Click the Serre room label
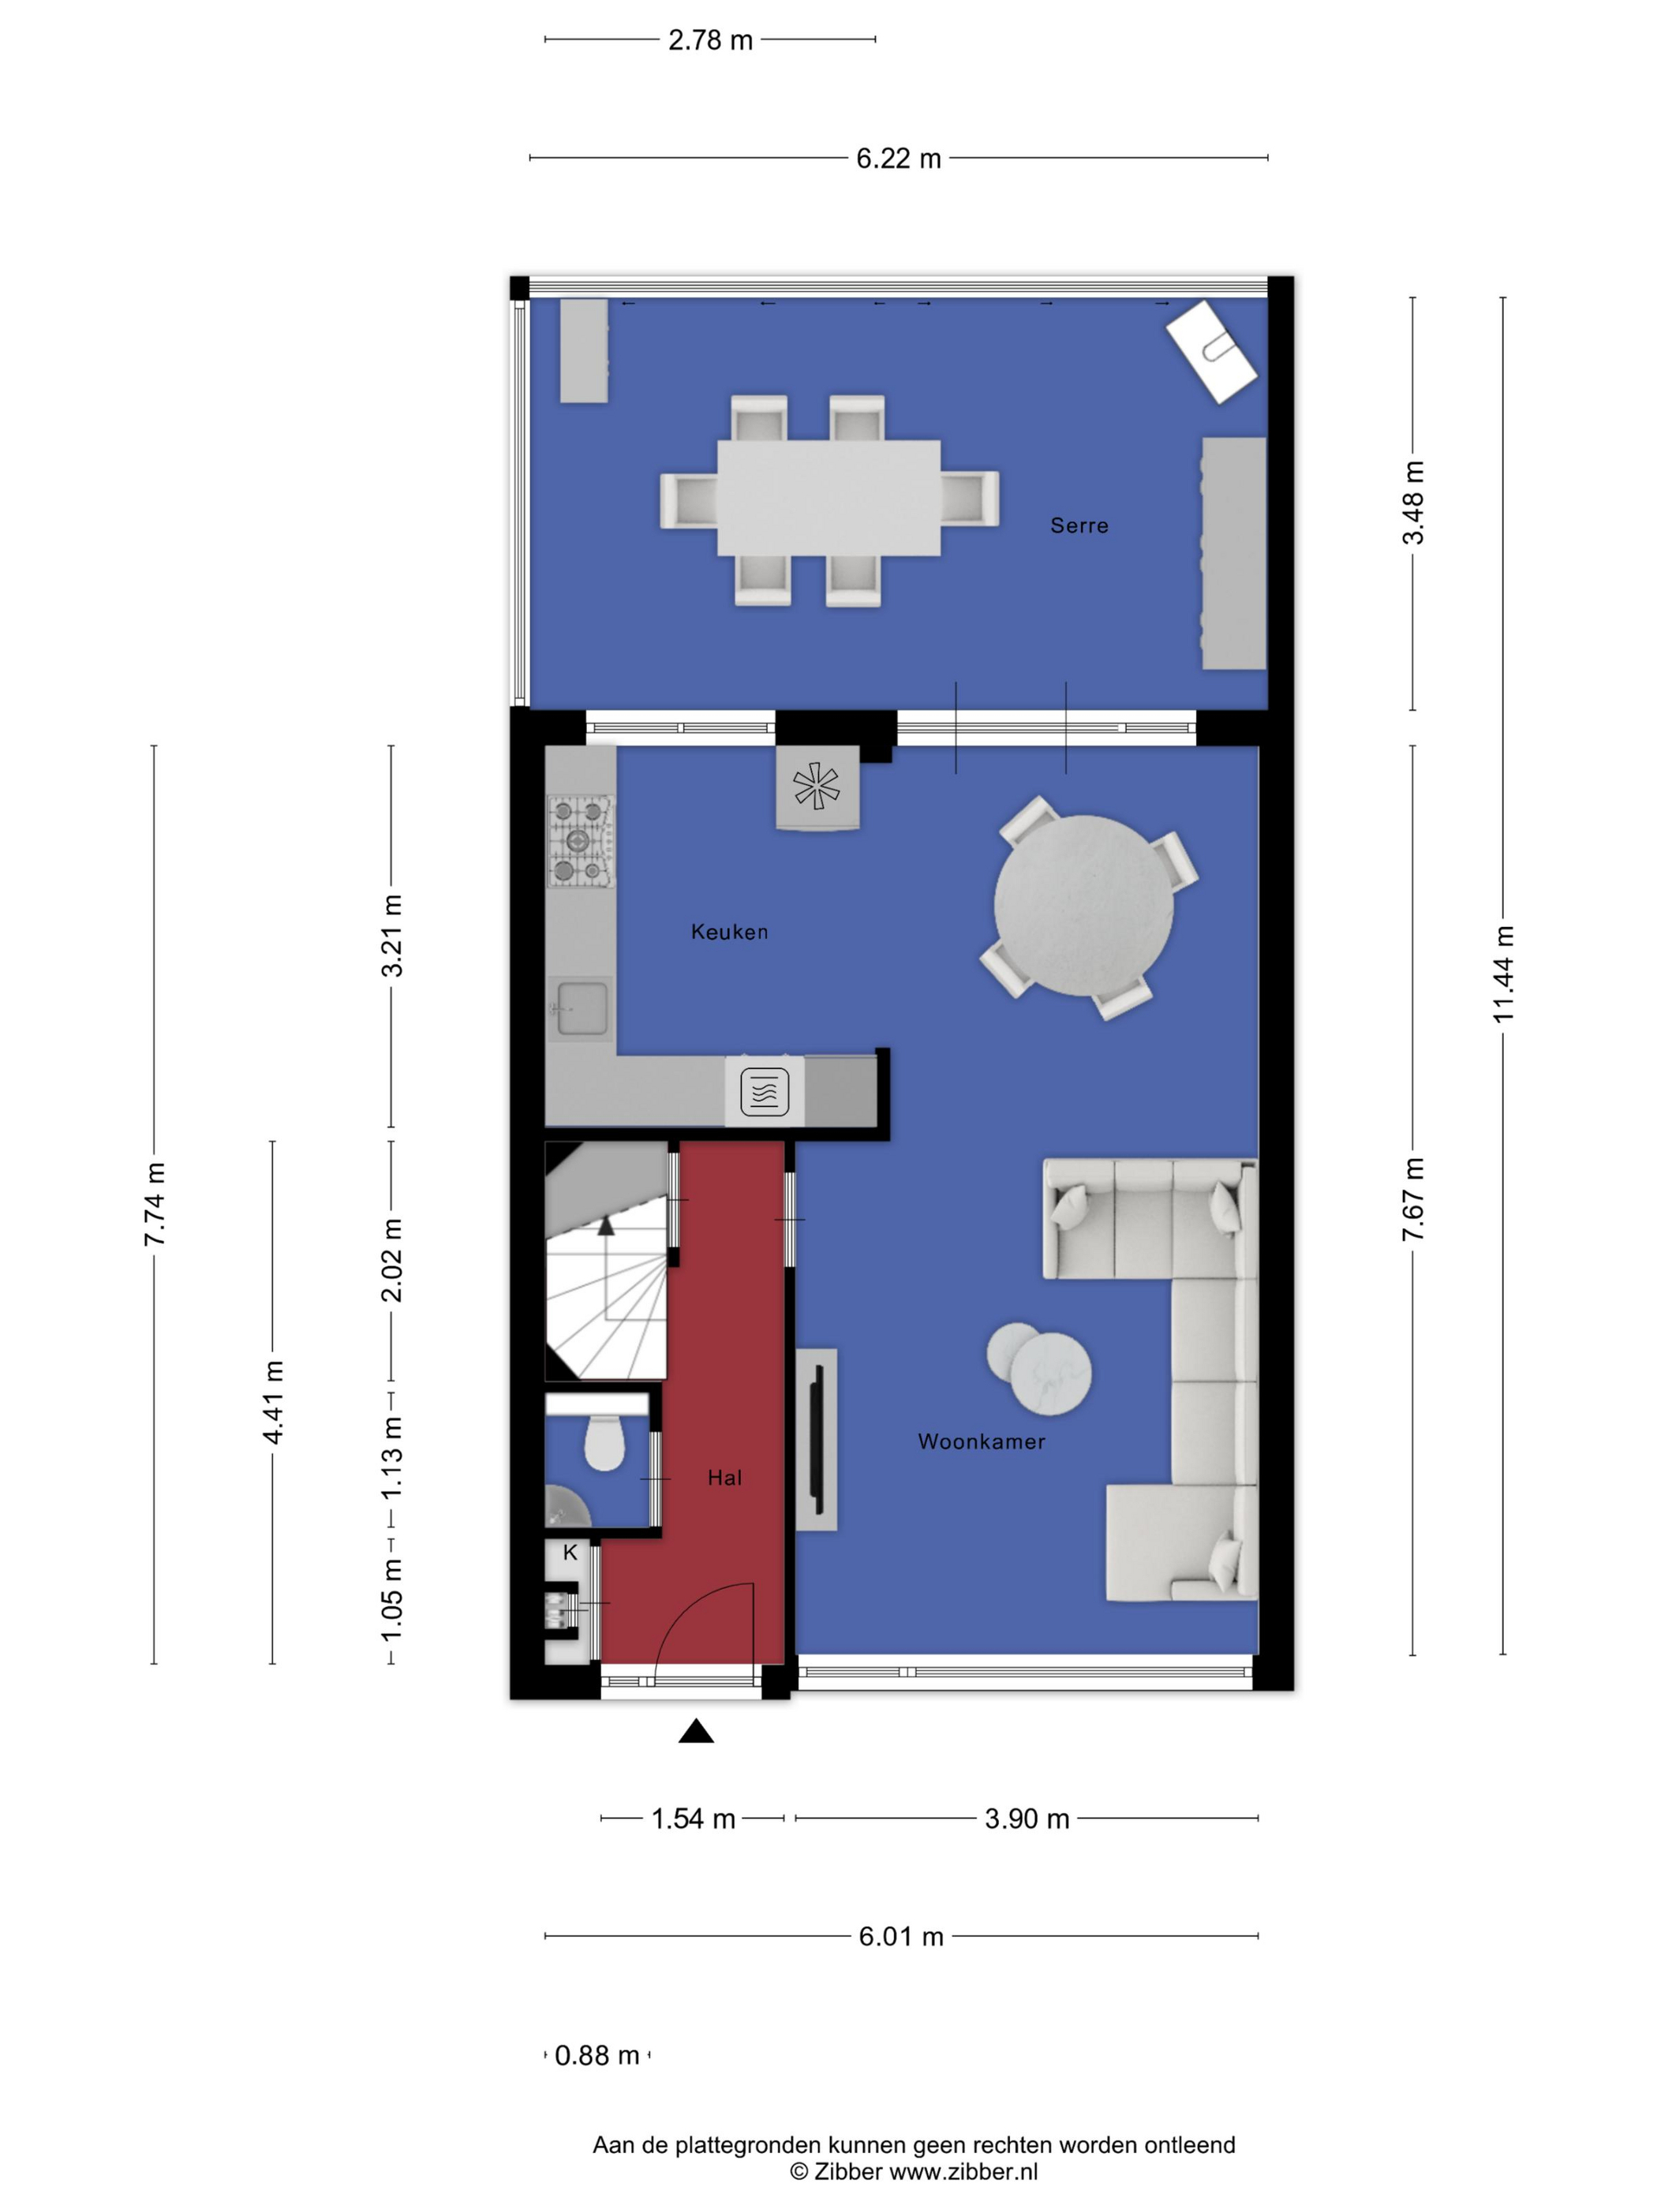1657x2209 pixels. pyautogui.click(x=1079, y=525)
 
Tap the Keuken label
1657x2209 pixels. pyautogui.click(x=729, y=932)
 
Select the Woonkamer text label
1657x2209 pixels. pyautogui.click(x=981, y=1441)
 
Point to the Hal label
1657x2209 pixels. pyautogui.click(x=724, y=1478)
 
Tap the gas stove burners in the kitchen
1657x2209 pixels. pyautogui.click(x=579, y=841)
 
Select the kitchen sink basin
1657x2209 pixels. pyautogui.click(x=582, y=1007)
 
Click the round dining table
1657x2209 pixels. pyautogui.click(x=1083, y=905)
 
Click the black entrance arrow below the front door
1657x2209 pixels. pyautogui.click(x=696, y=1731)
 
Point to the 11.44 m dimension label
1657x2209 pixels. pyautogui.click(x=1503, y=974)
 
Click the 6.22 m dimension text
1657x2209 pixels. pyautogui.click(x=898, y=159)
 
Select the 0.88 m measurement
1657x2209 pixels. pyautogui.click(x=597, y=2055)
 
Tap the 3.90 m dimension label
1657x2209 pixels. pyautogui.click(x=1027, y=1818)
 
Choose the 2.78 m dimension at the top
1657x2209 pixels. pyautogui.click(x=710, y=40)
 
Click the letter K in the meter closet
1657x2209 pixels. pyautogui.click(x=570, y=1553)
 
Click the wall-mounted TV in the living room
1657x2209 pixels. pyautogui.click(x=816, y=1439)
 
